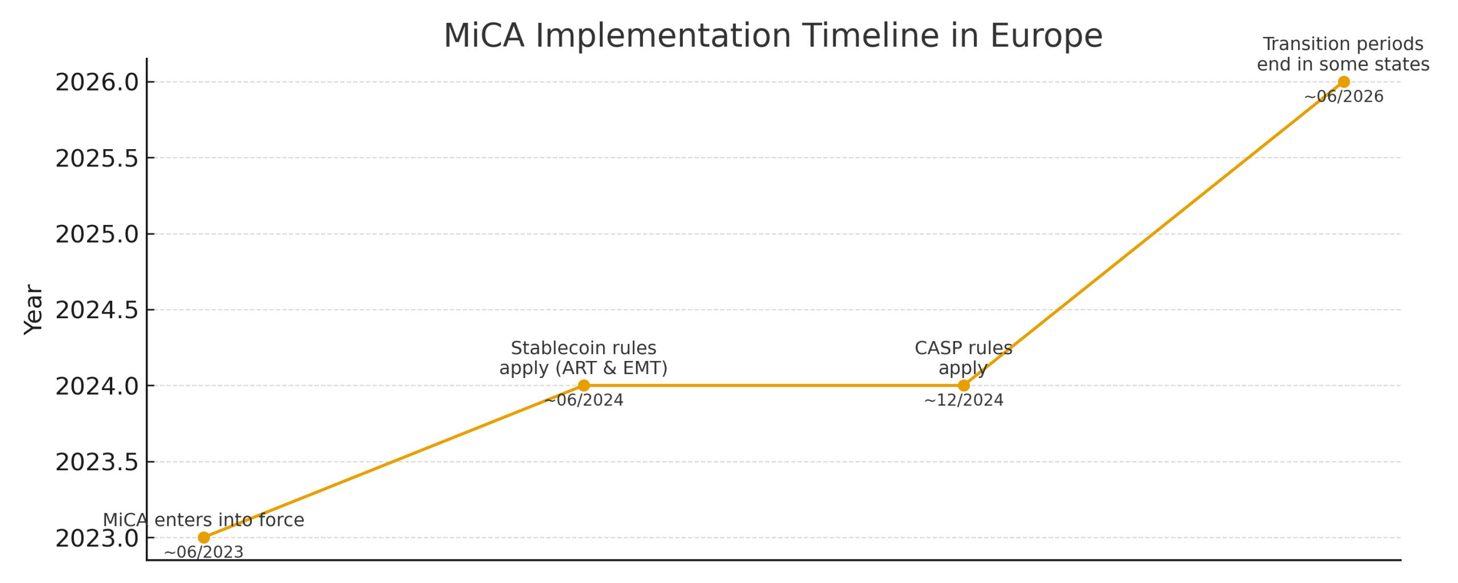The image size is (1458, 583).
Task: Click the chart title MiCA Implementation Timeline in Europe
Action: [x=772, y=36]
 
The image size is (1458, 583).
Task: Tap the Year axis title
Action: [x=33, y=309]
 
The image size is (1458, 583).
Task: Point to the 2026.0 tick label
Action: [x=96, y=83]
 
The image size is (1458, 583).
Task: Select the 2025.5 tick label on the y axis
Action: [x=96, y=158]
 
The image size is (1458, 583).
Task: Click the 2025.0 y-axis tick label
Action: [x=96, y=234]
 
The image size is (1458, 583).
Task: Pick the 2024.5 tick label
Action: [x=96, y=310]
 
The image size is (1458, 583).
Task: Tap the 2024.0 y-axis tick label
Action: [x=96, y=386]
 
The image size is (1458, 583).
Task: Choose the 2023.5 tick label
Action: [x=96, y=462]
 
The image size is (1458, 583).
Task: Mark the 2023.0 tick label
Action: [x=96, y=538]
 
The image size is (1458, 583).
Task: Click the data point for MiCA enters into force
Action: [x=203, y=537]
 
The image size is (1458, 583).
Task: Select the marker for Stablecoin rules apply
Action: [x=583, y=385]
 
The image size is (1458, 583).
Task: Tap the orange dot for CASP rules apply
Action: [x=963, y=385]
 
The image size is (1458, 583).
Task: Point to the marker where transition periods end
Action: [x=1343, y=82]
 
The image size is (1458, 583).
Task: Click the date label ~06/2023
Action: [x=203, y=552]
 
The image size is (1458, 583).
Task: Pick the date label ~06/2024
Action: [x=583, y=400]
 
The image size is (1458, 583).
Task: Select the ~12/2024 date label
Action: [x=963, y=400]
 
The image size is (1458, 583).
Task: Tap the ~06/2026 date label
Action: [x=1343, y=97]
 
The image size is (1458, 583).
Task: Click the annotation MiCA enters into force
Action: [x=203, y=520]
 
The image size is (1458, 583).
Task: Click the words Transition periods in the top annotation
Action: [x=1343, y=44]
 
